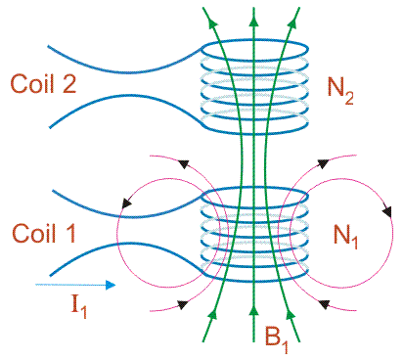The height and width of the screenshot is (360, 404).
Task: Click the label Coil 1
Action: [41, 234]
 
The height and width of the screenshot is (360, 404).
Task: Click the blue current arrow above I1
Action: [73, 285]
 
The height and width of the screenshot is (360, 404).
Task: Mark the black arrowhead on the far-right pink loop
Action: [388, 211]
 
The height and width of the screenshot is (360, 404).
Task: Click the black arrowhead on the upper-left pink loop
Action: [126, 203]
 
